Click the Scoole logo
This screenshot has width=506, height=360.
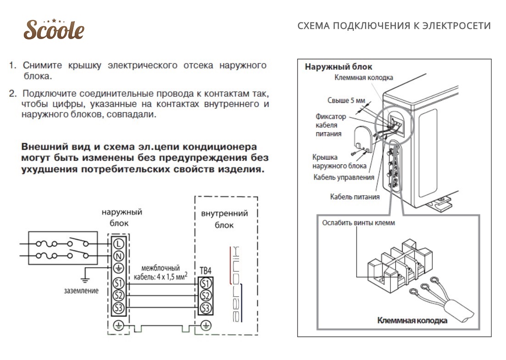[x=54, y=29]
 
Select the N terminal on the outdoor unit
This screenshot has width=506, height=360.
[x=119, y=256]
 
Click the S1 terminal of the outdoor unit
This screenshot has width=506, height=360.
[x=119, y=283]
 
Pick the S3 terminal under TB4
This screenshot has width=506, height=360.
[x=206, y=308]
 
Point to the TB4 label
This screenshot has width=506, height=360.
[x=206, y=271]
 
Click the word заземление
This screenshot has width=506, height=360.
[x=81, y=291]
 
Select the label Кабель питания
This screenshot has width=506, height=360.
[x=355, y=197]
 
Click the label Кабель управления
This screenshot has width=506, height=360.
[x=344, y=177]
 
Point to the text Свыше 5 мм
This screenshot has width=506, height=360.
[x=346, y=101]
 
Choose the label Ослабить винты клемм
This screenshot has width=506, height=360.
[x=358, y=223]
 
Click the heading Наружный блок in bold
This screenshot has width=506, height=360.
[x=339, y=67]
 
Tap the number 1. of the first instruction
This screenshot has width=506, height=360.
[x=13, y=65]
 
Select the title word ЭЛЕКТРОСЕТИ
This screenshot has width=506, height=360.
[x=456, y=26]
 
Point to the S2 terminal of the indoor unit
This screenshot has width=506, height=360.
[x=206, y=295]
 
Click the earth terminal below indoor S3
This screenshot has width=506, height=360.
[x=206, y=326]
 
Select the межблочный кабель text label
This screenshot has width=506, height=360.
[x=161, y=272]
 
